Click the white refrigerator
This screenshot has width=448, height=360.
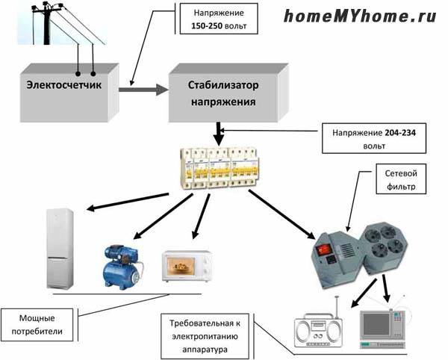tap(60, 248)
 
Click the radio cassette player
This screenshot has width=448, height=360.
tap(317, 329)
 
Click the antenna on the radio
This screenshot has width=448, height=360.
tap(337, 307)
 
